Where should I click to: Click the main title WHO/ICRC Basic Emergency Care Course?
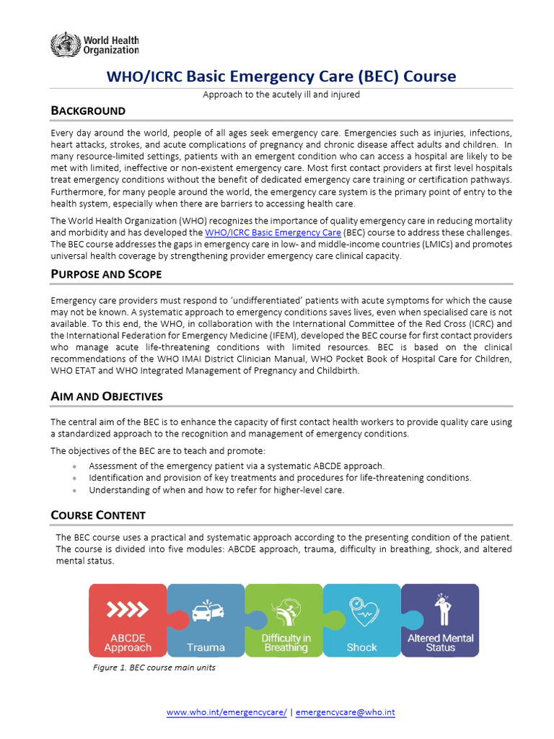(x=281, y=76)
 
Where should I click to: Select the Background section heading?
(x=88, y=110)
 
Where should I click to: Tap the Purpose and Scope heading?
(x=106, y=274)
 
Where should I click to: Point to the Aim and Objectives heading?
(x=107, y=396)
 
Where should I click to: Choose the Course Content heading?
(x=98, y=515)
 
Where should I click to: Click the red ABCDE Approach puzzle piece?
(x=128, y=620)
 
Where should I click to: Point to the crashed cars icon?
(x=207, y=611)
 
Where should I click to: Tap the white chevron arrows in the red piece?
(x=127, y=611)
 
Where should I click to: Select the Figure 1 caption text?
(x=154, y=668)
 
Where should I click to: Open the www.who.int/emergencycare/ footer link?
(x=227, y=712)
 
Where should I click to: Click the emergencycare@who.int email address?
(x=346, y=712)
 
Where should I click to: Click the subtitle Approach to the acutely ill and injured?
(x=281, y=95)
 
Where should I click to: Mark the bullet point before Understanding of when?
(x=75, y=490)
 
